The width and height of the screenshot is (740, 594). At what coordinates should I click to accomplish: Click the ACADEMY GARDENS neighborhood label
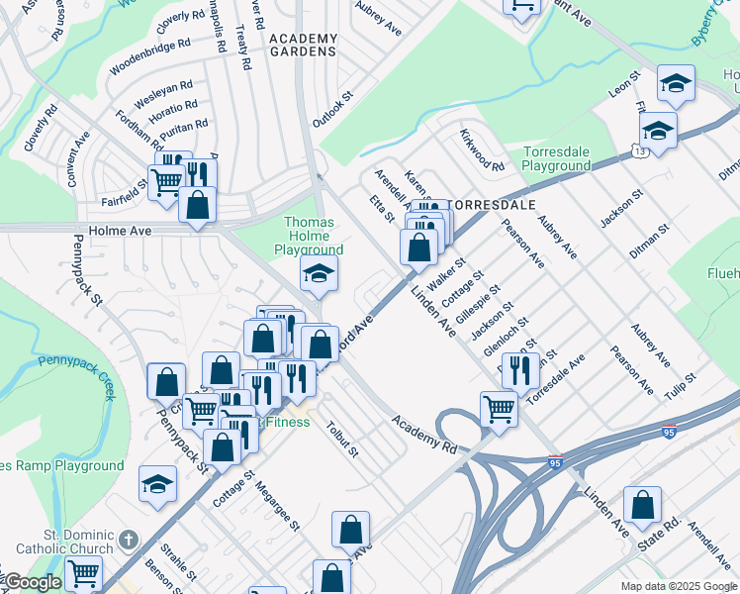[x=304, y=45]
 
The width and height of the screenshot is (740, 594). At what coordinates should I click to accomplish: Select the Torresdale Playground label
[x=556, y=158]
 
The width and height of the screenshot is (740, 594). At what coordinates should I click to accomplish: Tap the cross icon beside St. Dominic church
[x=128, y=541]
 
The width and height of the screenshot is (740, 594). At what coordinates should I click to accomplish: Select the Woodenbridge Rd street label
[x=150, y=58]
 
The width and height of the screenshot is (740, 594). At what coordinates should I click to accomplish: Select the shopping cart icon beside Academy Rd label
[x=499, y=407]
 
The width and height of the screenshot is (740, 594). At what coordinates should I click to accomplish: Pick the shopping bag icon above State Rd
[x=642, y=503]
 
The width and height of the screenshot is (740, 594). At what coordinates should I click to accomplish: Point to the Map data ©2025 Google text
[x=677, y=586]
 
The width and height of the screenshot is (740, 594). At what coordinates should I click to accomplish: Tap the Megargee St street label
[x=277, y=505]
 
